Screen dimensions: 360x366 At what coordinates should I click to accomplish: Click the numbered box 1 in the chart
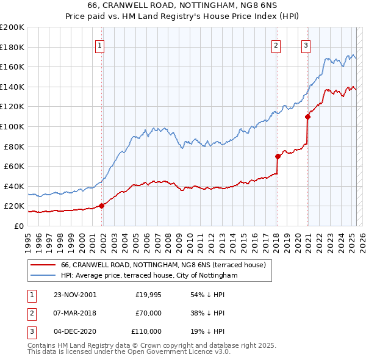tap(99, 45)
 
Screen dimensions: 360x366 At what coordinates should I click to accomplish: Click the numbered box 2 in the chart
tap(276, 45)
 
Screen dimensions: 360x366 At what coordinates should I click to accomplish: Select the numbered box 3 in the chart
tap(306, 45)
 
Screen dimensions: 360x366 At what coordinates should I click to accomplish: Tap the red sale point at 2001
tap(102, 206)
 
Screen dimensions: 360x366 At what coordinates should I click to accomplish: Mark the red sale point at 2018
tap(278, 156)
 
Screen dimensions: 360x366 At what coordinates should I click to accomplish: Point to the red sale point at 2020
tap(307, 117)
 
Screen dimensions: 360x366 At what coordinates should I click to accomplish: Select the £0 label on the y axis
tap(18, 226)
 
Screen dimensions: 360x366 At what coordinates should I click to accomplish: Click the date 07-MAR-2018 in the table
tap(75, 313)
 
